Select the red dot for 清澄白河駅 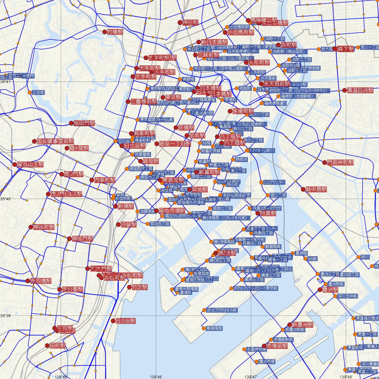click(x=344, y=90)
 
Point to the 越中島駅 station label click(x=316, y=189)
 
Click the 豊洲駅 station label click(x=330, y=290)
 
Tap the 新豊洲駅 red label click(x=302, y=325)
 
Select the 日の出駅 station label click(x=126, y=321)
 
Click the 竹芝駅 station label click(x=140, y=287)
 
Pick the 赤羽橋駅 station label click(x=41, y=280)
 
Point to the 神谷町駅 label click(x=44, y=227)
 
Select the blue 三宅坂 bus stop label click(x=39, y=93)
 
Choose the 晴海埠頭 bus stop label click(x=214, y=328)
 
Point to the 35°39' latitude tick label click(x=6, y=316)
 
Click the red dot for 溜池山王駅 click(x=15, y=164)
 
